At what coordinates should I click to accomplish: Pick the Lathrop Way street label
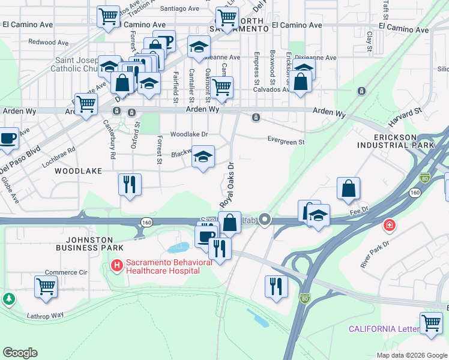pos(45,315)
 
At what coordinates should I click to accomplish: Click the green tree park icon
pos(9,298)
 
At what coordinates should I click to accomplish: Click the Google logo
pos(20,353)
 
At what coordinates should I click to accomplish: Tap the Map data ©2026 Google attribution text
pos(411,355)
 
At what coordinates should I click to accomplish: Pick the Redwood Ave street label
pos(48,43)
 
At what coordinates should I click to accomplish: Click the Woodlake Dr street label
pos(188,134)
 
